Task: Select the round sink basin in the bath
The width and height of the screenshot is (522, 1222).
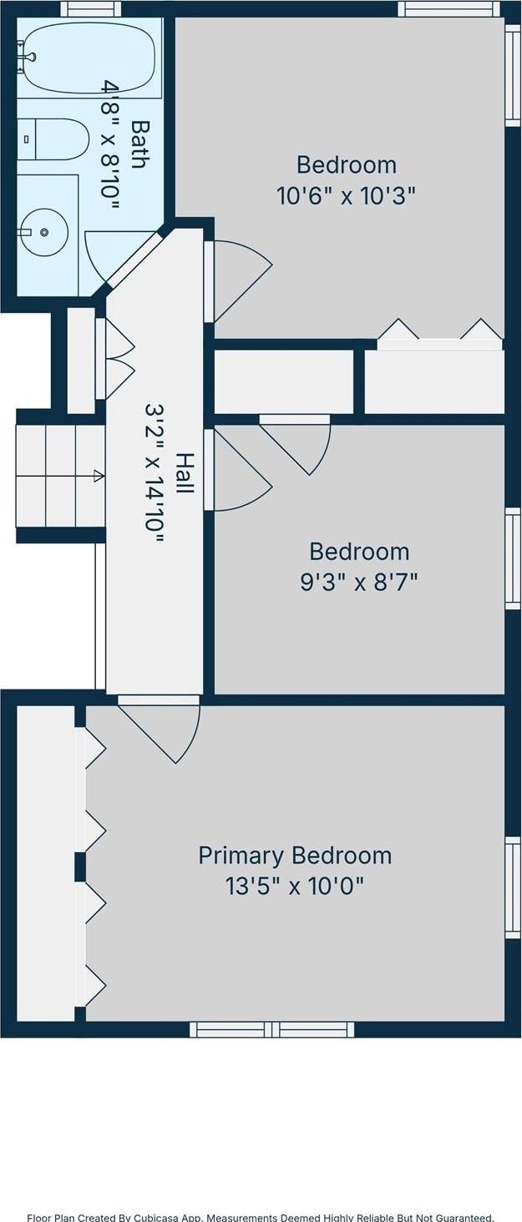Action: pyautogui.click(x=44, y=232)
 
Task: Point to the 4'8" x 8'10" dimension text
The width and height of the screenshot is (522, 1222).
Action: pyautogui.click(x=109, y=146)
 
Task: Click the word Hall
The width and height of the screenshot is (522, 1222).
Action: pyautogui.click(x=185, y=473)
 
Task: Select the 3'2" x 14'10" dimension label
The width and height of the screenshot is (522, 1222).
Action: pyautogui.click(x=155, y=473)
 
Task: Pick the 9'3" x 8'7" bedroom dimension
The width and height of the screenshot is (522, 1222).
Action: pyautogui.click(x=359, y=582)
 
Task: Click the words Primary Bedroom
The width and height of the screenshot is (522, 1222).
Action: pyautogui.click(x=295, y=856)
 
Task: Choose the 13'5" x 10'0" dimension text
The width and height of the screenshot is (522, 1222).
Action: pyautogui.click(x=295, y=886)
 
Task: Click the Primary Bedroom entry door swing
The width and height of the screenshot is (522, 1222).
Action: pyautogui.click(x=160, y=730)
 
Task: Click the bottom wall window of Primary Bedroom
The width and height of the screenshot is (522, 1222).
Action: pyautogui.click(x=272, y=1029)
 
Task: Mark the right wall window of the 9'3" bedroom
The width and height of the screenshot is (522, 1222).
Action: pyautogui.click(x=512, y=558)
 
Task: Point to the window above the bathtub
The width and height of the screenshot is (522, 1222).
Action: pyautogui.click(x=90, y=8)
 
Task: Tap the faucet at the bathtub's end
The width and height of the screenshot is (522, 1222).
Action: pyautogui.click(x=26, y=56)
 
